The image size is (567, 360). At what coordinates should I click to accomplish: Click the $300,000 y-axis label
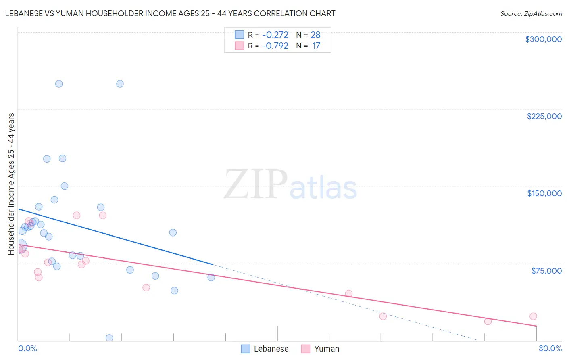[543, 39]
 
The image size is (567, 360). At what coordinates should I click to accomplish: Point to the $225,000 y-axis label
[544, 116]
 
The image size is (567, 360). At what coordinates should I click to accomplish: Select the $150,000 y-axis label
[544, 193]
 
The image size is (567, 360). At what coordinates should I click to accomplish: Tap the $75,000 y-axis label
[546, 271]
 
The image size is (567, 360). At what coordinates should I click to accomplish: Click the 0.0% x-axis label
[27, 348]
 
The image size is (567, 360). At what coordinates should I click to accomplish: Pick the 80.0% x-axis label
[550, 348]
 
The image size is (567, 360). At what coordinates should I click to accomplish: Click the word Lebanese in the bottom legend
[271, 349]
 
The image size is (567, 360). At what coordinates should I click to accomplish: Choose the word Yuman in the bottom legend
[326, 349]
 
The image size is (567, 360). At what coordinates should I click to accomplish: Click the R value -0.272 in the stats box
[275, 35]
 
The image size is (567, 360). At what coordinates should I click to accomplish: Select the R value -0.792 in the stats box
[275, 46]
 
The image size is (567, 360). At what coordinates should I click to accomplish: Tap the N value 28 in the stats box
[315, 35]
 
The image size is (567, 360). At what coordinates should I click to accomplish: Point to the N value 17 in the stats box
[316, 46]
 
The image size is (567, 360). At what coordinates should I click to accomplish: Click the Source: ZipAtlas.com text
[531, 14]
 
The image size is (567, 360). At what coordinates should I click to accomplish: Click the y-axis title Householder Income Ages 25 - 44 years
[11, 184]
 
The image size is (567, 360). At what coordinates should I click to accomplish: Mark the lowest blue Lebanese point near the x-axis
[109, 338]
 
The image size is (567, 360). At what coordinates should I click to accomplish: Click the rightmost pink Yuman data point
[533, 316]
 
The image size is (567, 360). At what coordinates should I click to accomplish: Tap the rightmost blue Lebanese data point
[211, 277]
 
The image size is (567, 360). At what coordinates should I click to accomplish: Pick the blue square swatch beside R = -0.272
[240, 35]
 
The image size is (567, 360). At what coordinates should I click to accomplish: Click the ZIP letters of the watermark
[255, 185]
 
